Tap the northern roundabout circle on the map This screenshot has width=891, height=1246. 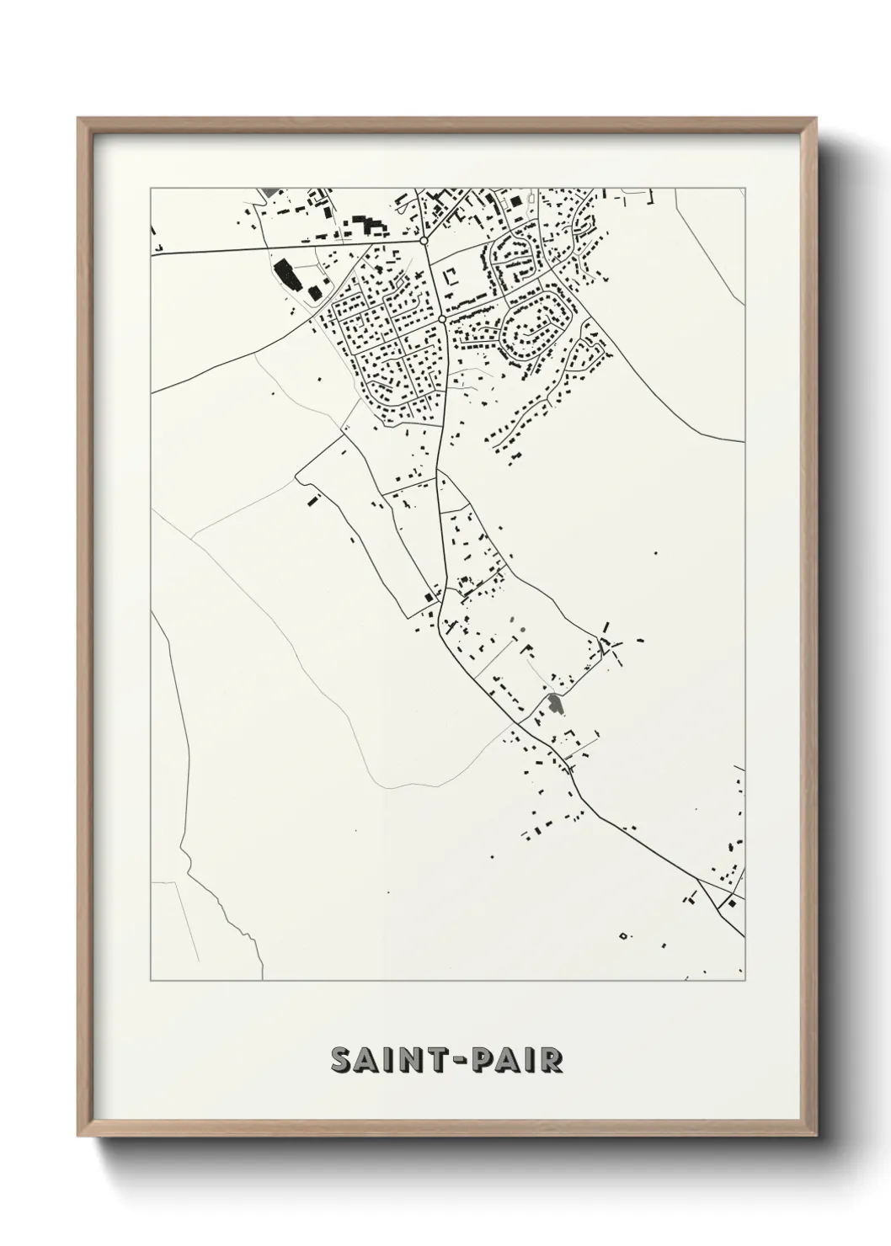point(424,242)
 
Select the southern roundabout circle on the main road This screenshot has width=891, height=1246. point(442,320)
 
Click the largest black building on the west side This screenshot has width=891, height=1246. point(283,273)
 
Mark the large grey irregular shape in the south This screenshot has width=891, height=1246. point(554,704)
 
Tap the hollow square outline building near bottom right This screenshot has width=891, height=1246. point(623,934)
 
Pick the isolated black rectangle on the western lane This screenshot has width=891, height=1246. point(313,501)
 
